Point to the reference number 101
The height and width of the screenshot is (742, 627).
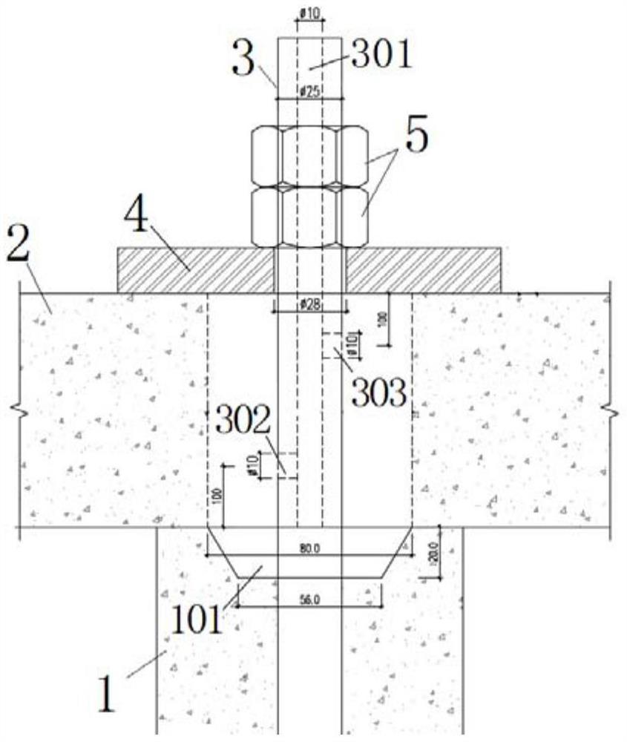click(x=197, y=620)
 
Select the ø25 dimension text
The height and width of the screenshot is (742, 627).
click(x=310, y=91)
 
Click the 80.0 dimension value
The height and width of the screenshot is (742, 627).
click(x=309, y=550)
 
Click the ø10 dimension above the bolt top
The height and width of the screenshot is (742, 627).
click(x=310, y=13)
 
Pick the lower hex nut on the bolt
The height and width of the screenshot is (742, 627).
click(x=309, y=216)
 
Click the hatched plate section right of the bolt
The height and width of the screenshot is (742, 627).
click(x=424, y=269)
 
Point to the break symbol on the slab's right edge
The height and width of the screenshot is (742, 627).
click(x=609, y=408)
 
